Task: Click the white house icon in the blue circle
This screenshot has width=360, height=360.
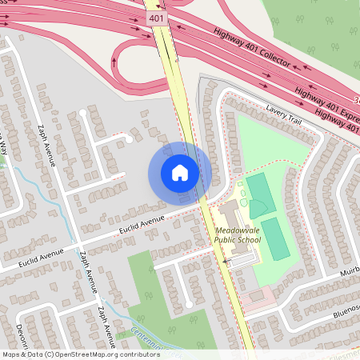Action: (x=180, y=173)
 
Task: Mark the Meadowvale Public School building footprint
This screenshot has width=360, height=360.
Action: (x=229, y=214)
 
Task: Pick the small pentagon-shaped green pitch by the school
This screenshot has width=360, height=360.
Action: (x=258, y=209)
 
